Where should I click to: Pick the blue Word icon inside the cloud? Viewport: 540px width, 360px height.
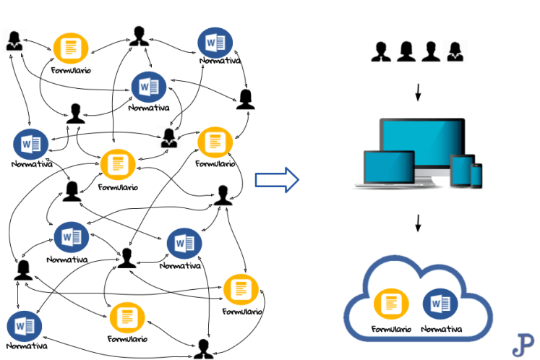coord(437,304)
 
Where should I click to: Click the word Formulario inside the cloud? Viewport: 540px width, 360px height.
coord(391,329)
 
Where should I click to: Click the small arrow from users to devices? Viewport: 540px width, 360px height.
coord(418,93)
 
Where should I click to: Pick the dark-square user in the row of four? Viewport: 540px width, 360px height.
coord(455,51)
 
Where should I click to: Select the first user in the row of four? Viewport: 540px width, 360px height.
coord(381,51)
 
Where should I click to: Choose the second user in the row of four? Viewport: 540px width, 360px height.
coord(406,51)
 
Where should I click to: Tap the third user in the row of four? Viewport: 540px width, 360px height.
coord(431,51)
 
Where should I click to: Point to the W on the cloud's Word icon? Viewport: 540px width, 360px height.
coord(435,304)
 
